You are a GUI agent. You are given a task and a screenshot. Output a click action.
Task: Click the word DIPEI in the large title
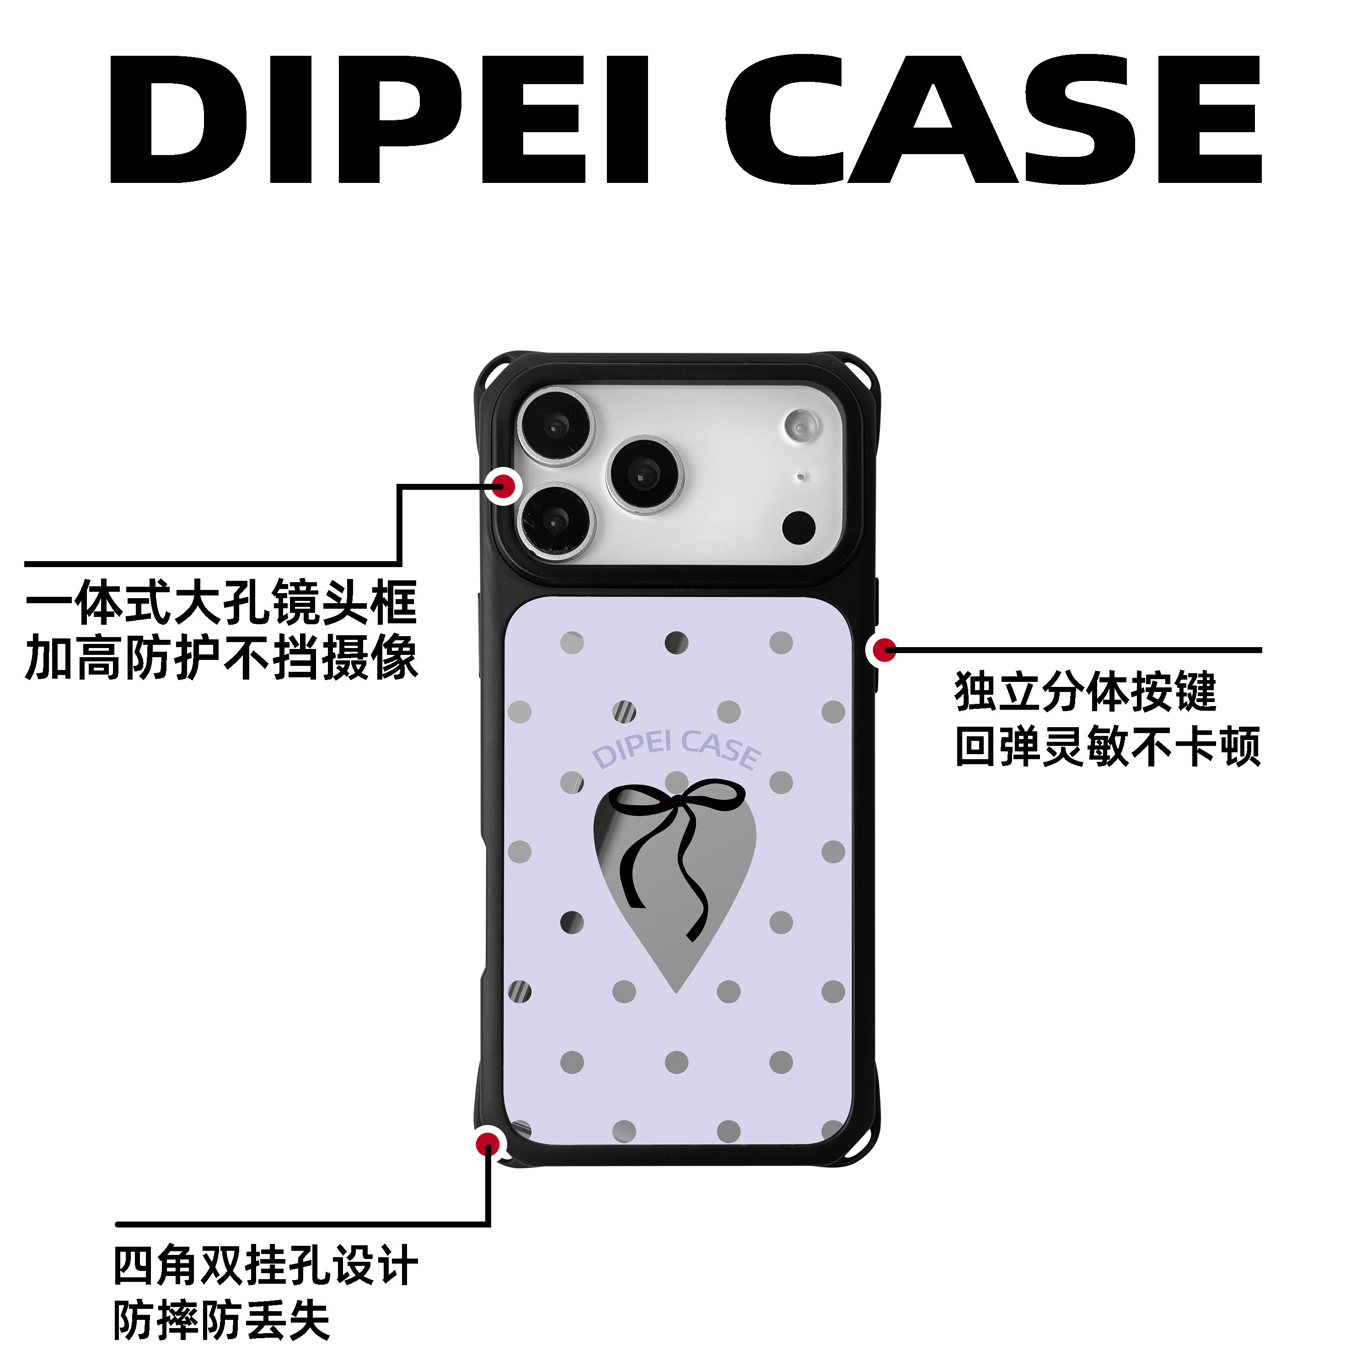coord(379,119)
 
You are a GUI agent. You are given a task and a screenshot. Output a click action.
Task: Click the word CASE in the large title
coord(993,119)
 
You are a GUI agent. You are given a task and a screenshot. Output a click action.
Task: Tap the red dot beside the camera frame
coord(504,487)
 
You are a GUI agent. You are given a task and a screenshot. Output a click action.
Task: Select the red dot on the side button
coord(884,650)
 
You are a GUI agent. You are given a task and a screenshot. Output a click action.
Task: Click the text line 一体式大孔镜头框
coord(221,602)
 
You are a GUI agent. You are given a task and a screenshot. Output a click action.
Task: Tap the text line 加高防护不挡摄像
coord(221,658)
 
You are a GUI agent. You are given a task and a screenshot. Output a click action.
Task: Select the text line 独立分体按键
coord(1086,691)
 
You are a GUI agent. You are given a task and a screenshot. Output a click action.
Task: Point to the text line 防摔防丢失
coord(221,1321)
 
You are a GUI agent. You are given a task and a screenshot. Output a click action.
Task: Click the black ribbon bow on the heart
coord(675,852)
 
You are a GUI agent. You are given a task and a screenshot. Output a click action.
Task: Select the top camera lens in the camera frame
coord(555,426)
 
